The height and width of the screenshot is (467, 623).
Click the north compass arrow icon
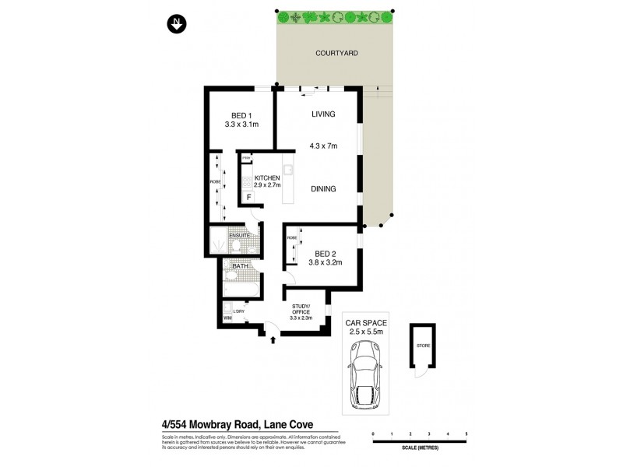[x=177, y=25]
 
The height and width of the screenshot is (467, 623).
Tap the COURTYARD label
[x=336, y=54]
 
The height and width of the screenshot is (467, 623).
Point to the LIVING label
[x=323, y=114]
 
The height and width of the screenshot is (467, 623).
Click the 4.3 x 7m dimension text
[x=325, y=146]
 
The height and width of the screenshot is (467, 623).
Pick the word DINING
[x=323, y=188]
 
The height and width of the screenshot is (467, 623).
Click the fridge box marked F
[x=248, y=198]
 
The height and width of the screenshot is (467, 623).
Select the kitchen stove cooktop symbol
[x=246, y=182]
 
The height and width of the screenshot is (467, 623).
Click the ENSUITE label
[x=239, y=235]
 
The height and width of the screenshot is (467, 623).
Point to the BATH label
[x=240, y=266]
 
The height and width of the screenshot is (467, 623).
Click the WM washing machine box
[x=227, y=318]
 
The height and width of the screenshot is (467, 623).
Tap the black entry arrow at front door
[x=273, y=339]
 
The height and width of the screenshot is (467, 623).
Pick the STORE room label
[x=422, y=346]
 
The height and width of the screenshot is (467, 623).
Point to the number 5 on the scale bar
[x=466, y=433]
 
